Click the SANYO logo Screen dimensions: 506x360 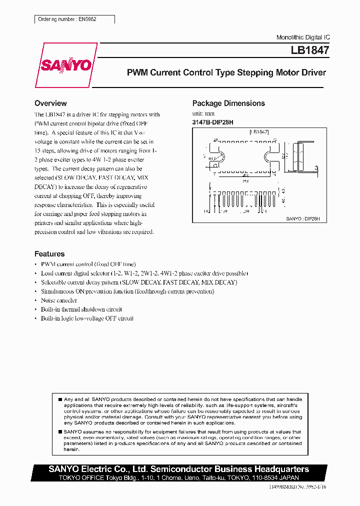pyautogui.click(x=65, y=65)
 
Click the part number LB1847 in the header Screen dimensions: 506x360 pyautogui.click(x=310, y=50)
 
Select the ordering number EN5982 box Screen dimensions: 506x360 pyautogui.click(x=75, y=19)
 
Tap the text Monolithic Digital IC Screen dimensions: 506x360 pyautogui.click(x=303, y=37)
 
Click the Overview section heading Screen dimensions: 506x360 pyautogui.click(x=50, y=103)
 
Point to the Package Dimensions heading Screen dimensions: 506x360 pyautogui.click(x=228, y=103)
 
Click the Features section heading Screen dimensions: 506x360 pyautogui.click(x=49, y=254)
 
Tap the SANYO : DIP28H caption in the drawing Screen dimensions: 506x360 pyautogui.click(x=306, y=219)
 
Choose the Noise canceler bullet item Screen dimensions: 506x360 pyautogui.click(x=59, y=300)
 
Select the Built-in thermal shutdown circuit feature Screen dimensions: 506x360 pyautogui.click(x=81, y=309)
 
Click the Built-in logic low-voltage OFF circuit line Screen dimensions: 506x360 pyautogui.click(x=87, y=318)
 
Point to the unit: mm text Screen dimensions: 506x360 pyautogui.click(x=203, y=113)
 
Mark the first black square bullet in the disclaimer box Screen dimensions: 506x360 pyautogui.click(x=60, y=399)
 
